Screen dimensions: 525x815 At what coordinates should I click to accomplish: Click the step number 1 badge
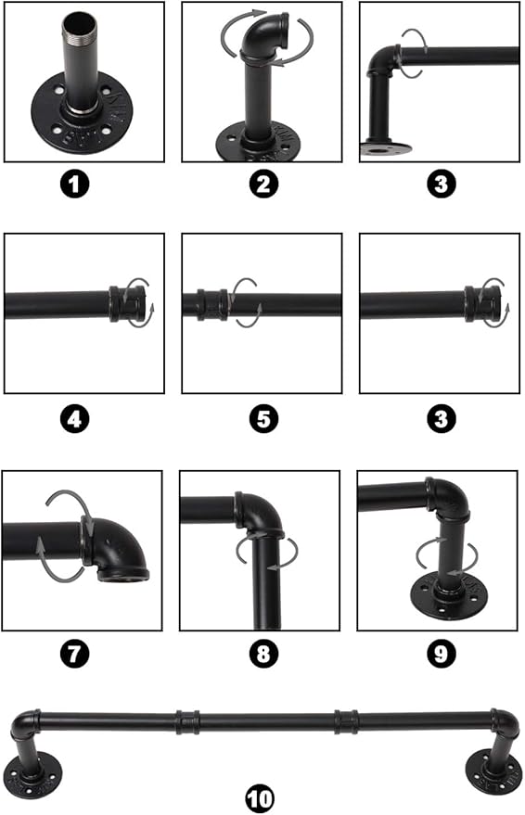click(75, 184)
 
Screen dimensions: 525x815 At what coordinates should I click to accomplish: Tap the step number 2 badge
click(263, 184)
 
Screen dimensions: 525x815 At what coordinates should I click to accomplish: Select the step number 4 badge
click(75, 419)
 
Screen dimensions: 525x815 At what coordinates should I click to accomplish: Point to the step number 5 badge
click(263, 419)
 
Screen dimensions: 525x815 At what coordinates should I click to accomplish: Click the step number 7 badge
click(75, 654)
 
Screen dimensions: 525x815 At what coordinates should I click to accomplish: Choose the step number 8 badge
click(263, 654)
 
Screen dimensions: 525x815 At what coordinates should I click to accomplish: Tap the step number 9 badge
click(442, 654)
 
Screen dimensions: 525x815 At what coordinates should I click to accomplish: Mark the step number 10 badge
click(260, 798)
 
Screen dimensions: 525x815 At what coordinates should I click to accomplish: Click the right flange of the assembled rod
click(493, 770)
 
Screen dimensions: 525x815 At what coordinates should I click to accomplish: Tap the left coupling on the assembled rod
click(187, 721)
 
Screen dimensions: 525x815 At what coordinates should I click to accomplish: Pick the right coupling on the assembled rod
click(346, 721)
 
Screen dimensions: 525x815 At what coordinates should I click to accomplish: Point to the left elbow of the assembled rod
click(25, 723)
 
